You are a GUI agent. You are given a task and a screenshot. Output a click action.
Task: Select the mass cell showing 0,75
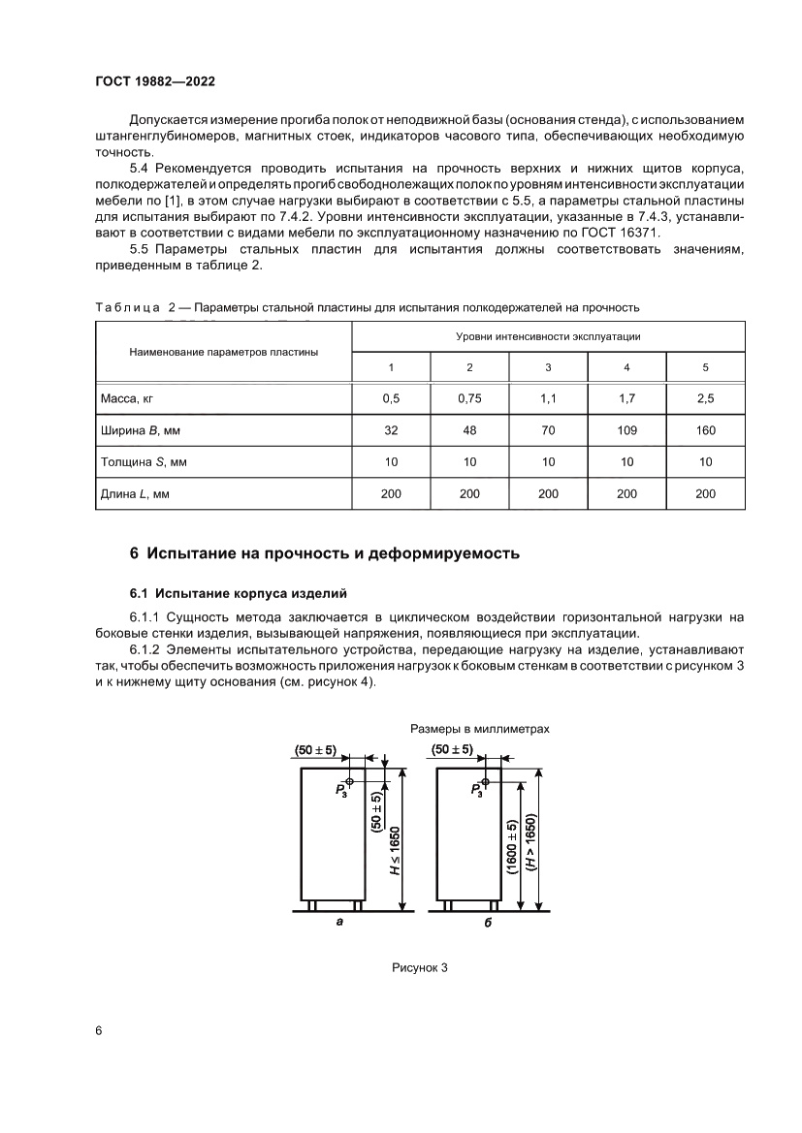(469, 398)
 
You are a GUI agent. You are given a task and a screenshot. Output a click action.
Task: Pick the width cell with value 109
(626, 430)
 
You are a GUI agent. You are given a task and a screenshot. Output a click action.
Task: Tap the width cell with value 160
(705, 430)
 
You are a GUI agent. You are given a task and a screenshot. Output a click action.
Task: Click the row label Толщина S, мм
(144, 462)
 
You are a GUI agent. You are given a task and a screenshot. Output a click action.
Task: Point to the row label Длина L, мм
(135, 494)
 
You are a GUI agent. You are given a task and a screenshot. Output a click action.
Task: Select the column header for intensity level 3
(548, 366)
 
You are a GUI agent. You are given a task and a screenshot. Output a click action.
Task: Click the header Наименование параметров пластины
(223, 352)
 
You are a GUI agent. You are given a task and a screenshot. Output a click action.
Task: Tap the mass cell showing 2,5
(705, 398)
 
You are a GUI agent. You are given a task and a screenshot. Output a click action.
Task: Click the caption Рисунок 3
(419, 968)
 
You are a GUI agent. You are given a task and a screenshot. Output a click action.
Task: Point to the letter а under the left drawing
(339, 922)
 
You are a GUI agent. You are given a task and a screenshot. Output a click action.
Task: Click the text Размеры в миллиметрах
(480, 728)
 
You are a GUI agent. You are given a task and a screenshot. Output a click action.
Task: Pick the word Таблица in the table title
(126, 308)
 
